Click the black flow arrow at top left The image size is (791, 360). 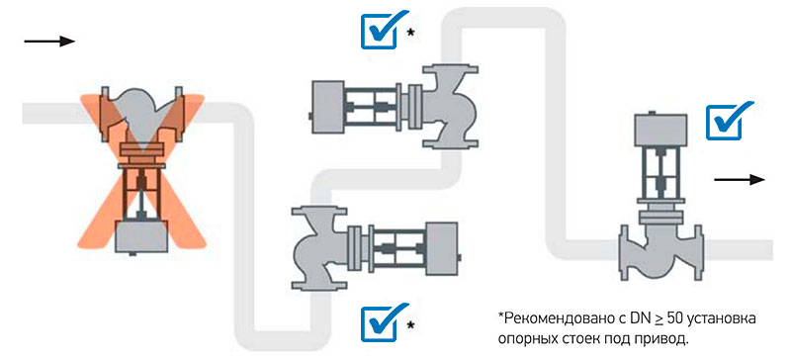[x=49, y=41]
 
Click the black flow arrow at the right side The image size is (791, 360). [x=740, y=179]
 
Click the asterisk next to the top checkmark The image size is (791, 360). [x=411, y=33]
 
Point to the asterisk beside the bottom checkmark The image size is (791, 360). [x=411, y=324]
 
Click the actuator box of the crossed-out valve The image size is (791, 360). [x=141, y=236]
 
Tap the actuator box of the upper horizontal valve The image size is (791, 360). [x=328, y=107]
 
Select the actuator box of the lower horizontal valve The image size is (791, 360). [x=442, y=249]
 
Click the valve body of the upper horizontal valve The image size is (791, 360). [x=450, y=107]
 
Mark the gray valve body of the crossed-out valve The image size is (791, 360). [x=141, y=115]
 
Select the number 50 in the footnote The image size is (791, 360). [x=676, y=319]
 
